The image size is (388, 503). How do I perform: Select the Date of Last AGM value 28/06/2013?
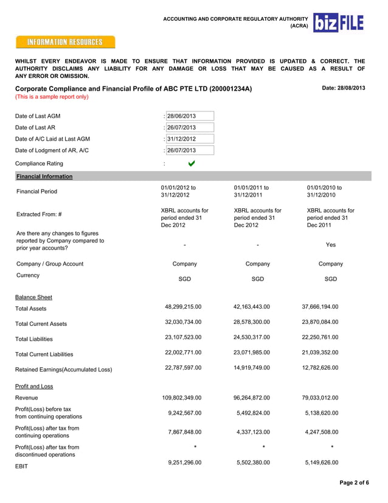point(181,116)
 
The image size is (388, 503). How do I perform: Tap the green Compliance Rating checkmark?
point(192,163)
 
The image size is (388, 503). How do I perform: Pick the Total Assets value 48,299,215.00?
point(183,307)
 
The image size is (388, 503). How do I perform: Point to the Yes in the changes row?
point(330,245)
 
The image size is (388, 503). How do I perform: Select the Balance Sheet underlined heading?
point(33,297)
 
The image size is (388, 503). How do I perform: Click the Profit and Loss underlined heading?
point(34,386)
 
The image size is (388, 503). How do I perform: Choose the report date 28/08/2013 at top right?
point(344,88)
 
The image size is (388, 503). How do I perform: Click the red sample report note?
point(52,97)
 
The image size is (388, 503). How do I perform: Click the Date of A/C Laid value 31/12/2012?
point(181,139)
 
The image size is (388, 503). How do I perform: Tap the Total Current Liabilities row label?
point(44,354)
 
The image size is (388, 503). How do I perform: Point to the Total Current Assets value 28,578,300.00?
point(256,322)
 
